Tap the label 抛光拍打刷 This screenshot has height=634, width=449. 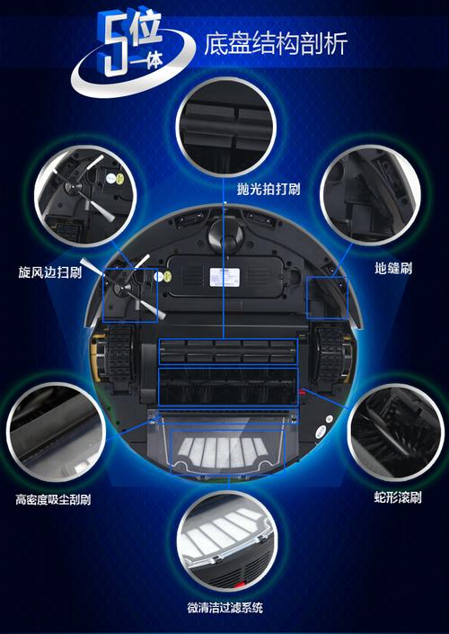pyautogui.click(x=244, y=190)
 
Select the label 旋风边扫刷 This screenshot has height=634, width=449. pyautogui.click(x=49, y=271)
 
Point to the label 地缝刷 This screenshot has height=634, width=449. pyautogui.click(x=393, y=268)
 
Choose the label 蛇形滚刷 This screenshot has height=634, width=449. pyautogui.click(x=398, y=496)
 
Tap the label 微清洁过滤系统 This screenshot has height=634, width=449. pyautogui.click(x=224, y=609)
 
